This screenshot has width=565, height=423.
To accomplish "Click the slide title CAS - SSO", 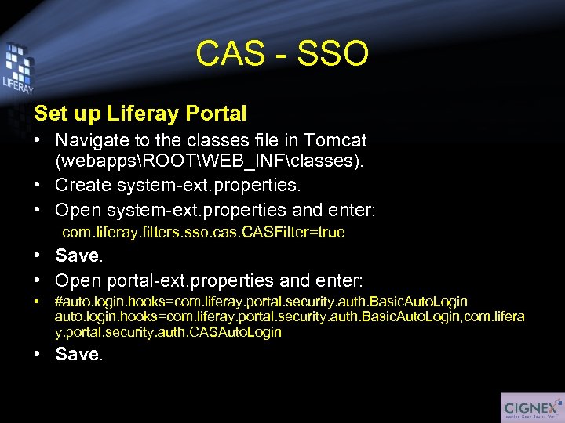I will tap(282, 54).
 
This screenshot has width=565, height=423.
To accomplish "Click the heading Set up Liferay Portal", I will tap(140, 114).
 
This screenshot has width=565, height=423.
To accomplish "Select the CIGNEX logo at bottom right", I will tap(531, 407).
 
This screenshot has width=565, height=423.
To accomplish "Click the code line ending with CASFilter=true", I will tap(203, 233).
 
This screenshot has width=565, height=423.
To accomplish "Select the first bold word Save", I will tap(77, 256).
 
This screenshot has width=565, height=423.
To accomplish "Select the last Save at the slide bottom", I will tap(77, 354).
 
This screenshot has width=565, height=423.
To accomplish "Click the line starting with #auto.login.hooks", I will tap(261, 302).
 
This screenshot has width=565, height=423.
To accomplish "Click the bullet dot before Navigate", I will tap(38, 142).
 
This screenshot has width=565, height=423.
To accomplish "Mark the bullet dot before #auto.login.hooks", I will tap(38, 302).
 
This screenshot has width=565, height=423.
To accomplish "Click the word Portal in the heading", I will tap(216, 114).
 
